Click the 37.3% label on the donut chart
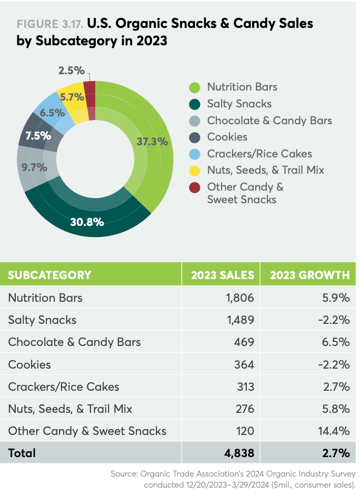point(152,141)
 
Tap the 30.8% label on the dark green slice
point(87,221)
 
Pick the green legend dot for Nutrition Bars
point(194,87)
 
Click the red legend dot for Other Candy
point(194,187)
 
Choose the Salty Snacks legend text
point(239,104)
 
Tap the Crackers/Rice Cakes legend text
point(259,154)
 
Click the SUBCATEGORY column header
point(49,275)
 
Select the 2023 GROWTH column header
point(309,275)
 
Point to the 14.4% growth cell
point(335,431)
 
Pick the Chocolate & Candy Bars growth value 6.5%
point(338,342)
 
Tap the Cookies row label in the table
point(29,364)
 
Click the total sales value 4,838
point(239,453)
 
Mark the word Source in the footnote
point(124,474)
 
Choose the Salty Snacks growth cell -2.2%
point(336,320)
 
